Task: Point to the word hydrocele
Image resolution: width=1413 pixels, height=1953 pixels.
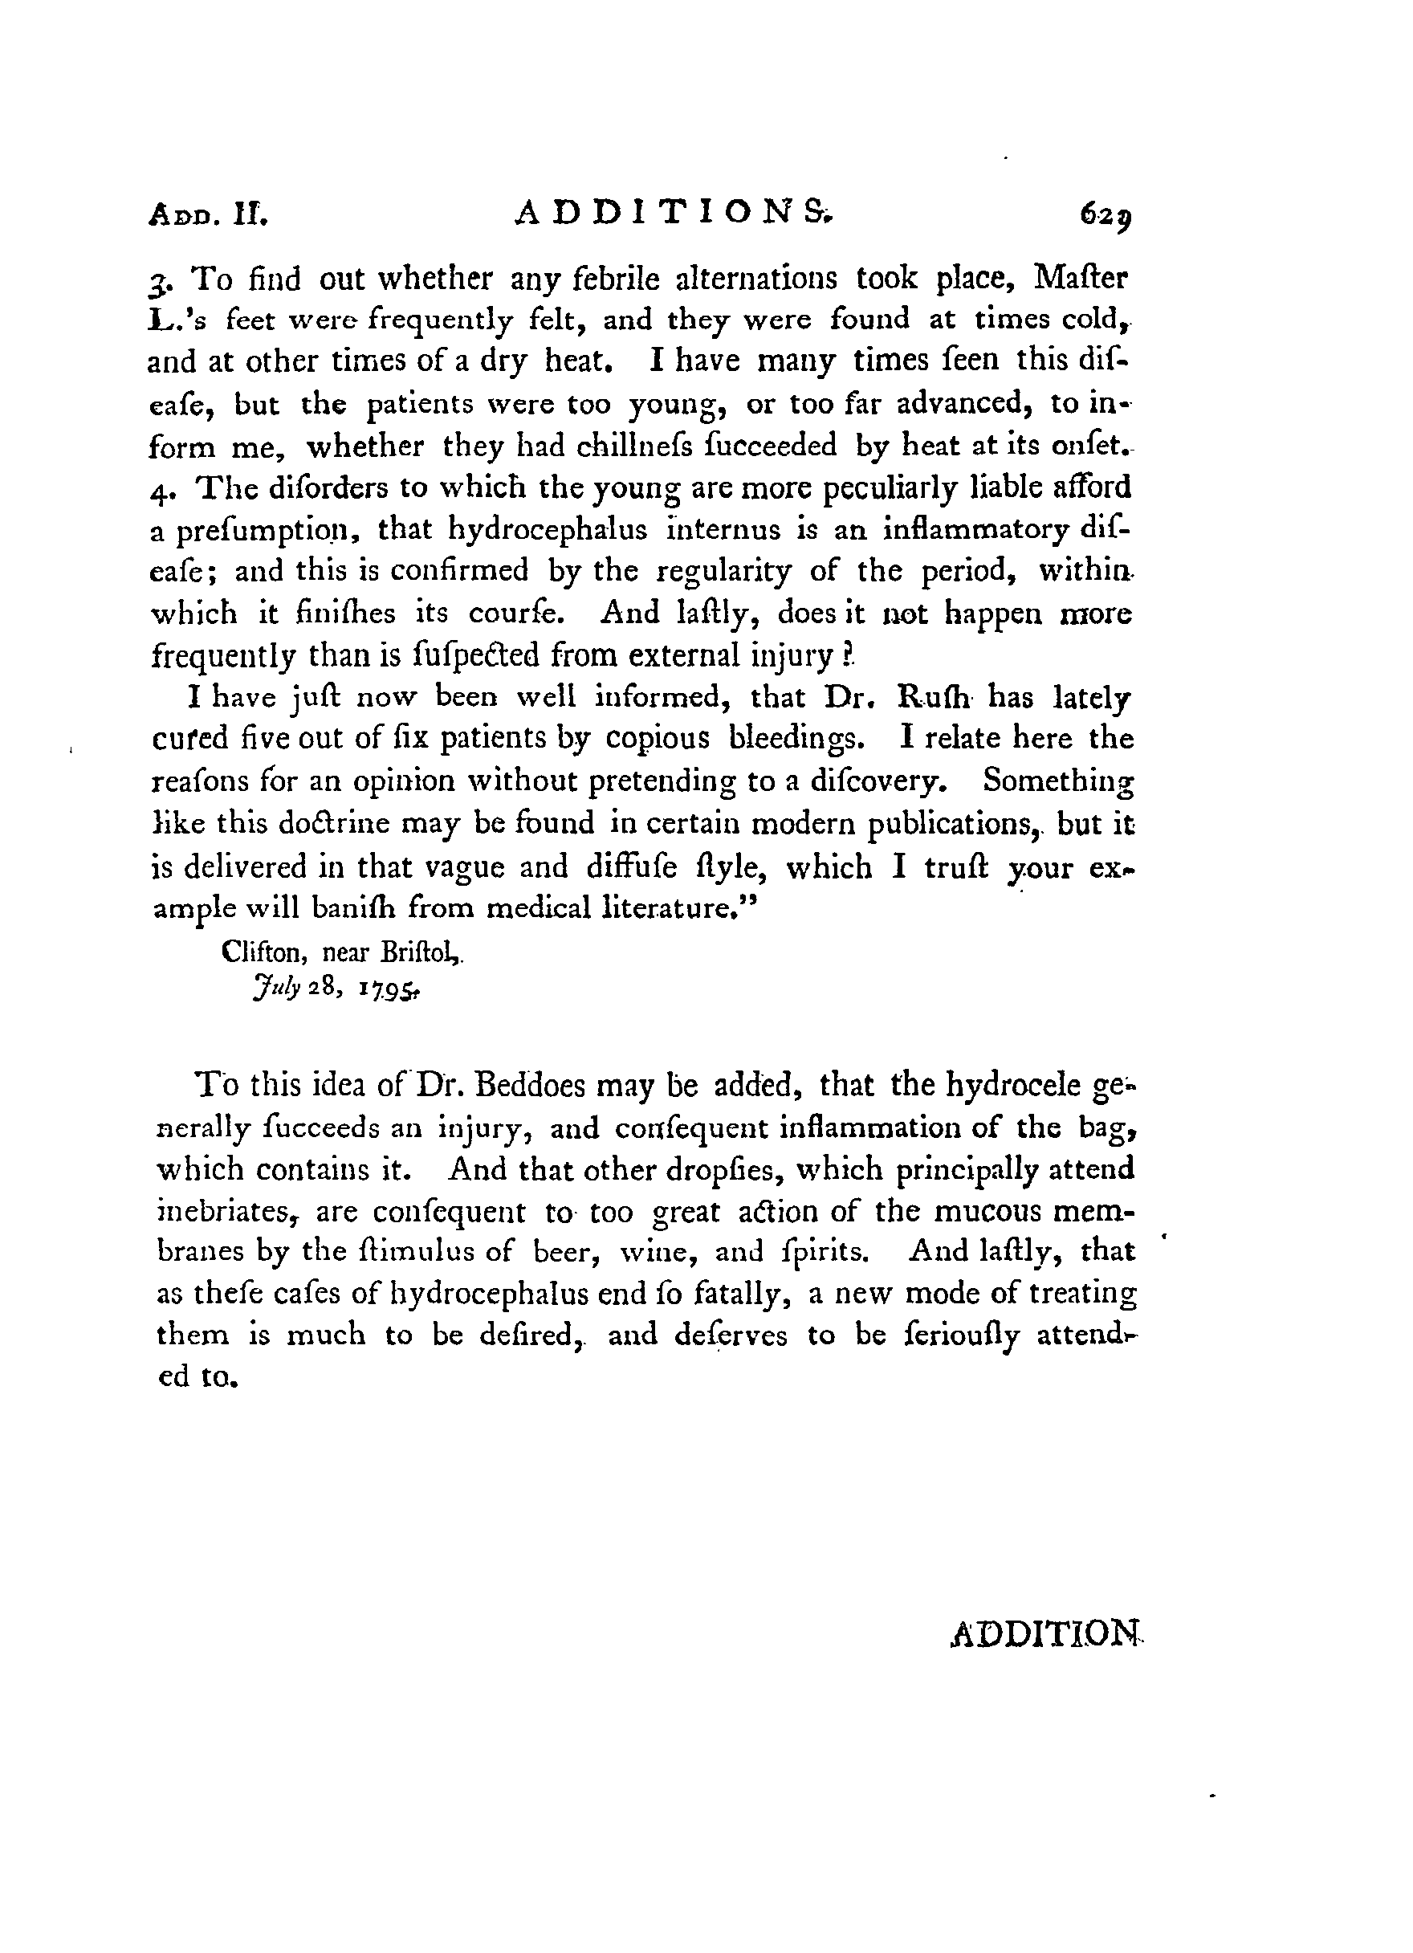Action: [1012, 1085]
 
